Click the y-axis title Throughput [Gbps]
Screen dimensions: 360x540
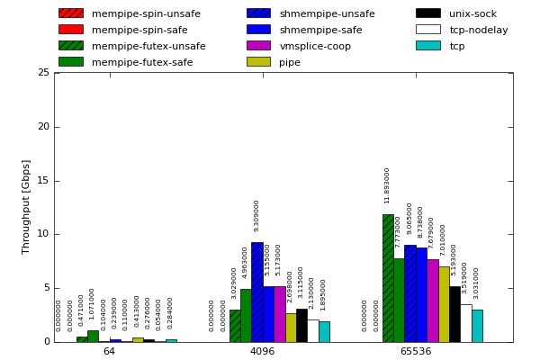pyautogui.click(x=26, y=207)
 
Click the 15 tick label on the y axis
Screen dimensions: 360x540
pyautogui.click(x=43, y=181)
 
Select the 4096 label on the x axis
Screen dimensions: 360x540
pyautogui.click(x=262, y=351)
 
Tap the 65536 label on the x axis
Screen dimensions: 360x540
pyautogui.click(x=415, y=351)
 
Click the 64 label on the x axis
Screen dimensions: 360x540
pyautogui.click(x=109, y=351)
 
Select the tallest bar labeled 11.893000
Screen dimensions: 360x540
pyautogui.click(x=388, y=278)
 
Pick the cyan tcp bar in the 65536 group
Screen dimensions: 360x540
pyautogui.click(x=477, y=326)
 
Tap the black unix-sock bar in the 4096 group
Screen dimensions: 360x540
pyautogui.click(x=301, y=325)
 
